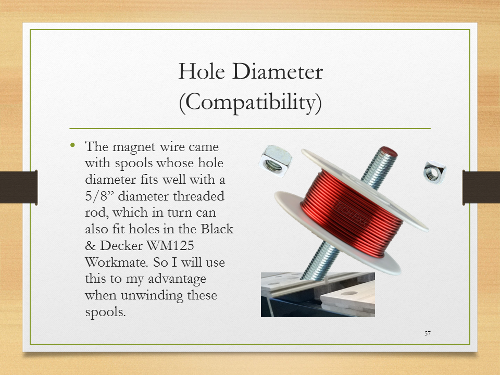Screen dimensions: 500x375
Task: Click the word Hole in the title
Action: [202, 71]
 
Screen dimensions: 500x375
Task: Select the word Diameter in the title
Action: [278, 71]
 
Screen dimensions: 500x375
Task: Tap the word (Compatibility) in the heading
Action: [251, 103]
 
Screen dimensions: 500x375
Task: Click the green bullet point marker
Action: [73, 145]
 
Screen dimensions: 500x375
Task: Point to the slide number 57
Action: [428, 333]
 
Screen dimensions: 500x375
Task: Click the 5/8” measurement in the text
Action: [99, 196]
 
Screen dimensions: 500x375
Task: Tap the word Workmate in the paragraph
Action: [117, 262]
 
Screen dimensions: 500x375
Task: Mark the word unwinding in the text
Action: [152, 296]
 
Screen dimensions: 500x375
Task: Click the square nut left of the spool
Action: [275, 161]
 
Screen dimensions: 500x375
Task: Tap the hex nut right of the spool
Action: [434, 172]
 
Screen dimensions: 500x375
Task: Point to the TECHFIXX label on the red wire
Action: [349, 214]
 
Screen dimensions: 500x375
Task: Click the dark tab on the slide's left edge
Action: [19, 187]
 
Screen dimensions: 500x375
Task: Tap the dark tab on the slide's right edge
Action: [481, 187]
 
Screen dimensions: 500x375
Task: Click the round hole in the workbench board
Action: [349, 293]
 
